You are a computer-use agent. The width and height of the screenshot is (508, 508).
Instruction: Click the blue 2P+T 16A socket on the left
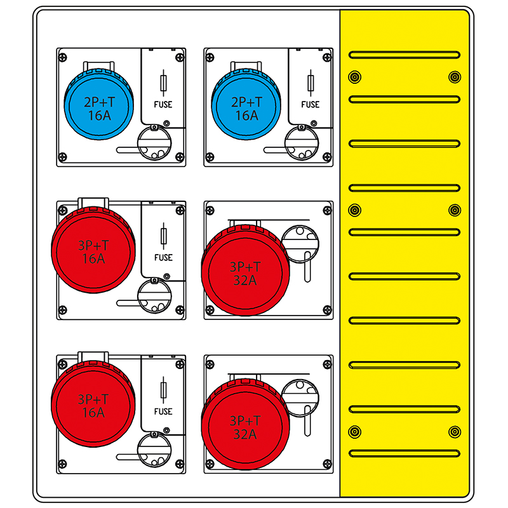99,104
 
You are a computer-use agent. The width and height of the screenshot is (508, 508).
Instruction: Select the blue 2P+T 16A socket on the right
246,104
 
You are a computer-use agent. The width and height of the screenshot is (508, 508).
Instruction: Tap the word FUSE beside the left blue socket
163,105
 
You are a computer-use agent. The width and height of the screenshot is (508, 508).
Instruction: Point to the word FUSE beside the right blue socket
311,105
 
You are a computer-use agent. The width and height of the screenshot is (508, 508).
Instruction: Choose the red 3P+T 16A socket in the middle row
93,250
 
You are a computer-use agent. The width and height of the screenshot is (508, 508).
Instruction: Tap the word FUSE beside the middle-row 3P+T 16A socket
163,258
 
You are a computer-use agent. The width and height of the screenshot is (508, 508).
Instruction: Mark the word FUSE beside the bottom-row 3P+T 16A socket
163,411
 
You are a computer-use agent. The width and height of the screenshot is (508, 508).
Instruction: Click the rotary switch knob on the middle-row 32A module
300,244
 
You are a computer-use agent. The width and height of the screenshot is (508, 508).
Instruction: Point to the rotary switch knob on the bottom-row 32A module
300,398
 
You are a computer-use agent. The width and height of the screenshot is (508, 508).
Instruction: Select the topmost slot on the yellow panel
404,55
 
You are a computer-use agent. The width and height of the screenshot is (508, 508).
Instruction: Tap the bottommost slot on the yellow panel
404,453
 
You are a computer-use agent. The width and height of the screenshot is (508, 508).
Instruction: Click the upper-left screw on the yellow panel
355,77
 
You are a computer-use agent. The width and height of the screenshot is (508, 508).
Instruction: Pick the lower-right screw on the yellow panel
455,432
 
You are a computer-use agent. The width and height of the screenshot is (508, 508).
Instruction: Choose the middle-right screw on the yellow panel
455,210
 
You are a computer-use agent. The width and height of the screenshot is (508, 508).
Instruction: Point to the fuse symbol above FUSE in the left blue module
163,83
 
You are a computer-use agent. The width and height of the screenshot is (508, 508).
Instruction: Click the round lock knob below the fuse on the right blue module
301,143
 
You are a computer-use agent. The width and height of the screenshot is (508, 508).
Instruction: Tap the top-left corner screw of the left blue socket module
62,58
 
